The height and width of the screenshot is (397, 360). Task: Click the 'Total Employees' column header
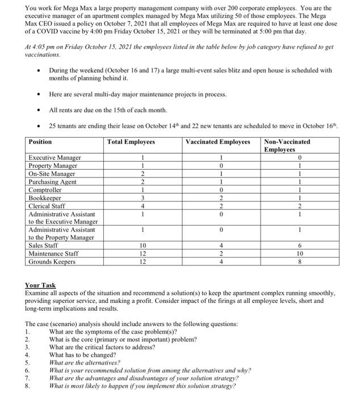click(x=131, y=142)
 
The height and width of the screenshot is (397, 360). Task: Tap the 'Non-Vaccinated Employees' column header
click(x=287, y=145)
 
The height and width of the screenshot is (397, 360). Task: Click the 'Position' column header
click(x=40, y=142)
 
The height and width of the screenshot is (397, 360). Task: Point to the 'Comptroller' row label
click(x=45, y=190)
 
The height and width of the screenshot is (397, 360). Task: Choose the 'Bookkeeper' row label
click(x=44, y=198)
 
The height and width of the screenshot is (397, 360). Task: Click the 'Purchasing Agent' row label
click(x=52, y=181)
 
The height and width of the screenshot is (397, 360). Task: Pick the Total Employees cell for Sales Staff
click(x=144, y=246)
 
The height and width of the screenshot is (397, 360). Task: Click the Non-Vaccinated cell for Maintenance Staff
click(x=299, y=254)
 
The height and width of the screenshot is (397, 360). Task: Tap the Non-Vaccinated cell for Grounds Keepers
click(x=299, y=261)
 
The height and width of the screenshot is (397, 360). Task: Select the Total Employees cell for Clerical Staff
click(x=144, y=206)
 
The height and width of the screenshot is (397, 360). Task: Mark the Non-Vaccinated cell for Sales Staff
click(x=299, y=246)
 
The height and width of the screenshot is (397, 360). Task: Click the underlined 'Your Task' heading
click(x=40, y=285)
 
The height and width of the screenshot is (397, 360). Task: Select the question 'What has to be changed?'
click(x=83, y=354)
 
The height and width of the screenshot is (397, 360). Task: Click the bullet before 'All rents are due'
click(x=37, y=109)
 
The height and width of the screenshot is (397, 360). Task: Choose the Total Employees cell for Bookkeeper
click(x=144, y=198)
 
